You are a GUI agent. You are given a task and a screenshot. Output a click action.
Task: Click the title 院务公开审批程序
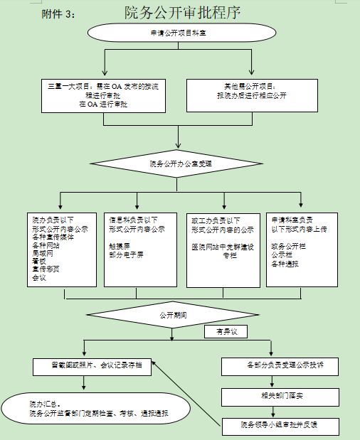point(182,12)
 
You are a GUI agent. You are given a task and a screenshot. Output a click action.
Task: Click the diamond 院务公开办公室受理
point(181,163)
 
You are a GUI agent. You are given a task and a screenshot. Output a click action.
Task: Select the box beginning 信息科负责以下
point(138,249)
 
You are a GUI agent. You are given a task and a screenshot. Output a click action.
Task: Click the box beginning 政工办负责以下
point(222,249)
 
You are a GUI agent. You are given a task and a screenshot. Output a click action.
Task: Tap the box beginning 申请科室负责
point(302,249)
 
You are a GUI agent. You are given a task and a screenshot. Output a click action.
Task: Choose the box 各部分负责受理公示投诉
point(280,366)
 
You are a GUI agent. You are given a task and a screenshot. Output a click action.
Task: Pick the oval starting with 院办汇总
point(96,409)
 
